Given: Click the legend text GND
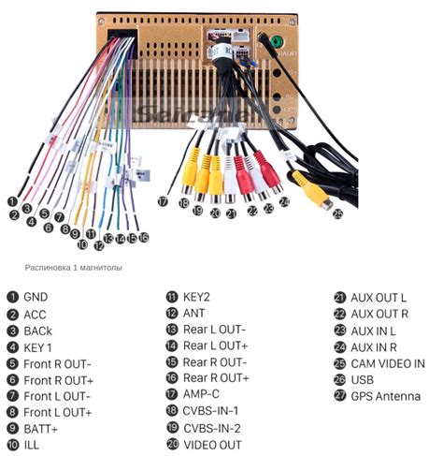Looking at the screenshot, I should [x=36, y=297].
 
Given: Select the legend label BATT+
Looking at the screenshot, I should [x=41, y=428].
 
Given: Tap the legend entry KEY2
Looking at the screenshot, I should [x=197, y=297].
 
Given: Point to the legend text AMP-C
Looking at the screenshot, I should [x=203, y=395].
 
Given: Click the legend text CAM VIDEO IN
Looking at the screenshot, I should [x=388, y=362].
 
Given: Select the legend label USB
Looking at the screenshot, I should [x=363, y=379].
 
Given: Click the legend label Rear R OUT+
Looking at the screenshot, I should [x=216, y=378].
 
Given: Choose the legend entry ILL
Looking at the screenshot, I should [x=32, y=445].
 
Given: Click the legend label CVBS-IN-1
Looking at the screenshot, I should [x=211, y=411].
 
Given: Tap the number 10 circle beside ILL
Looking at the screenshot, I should [x=12, y=445].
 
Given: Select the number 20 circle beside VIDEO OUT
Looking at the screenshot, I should [x=172, y=444].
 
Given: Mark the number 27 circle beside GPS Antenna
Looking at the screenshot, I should [x=339, y=396].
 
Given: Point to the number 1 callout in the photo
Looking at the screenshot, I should [x=13, y=200].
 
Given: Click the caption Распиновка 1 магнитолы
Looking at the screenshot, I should [x=74, y=267].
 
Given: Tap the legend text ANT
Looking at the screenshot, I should [x=193, y=313].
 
